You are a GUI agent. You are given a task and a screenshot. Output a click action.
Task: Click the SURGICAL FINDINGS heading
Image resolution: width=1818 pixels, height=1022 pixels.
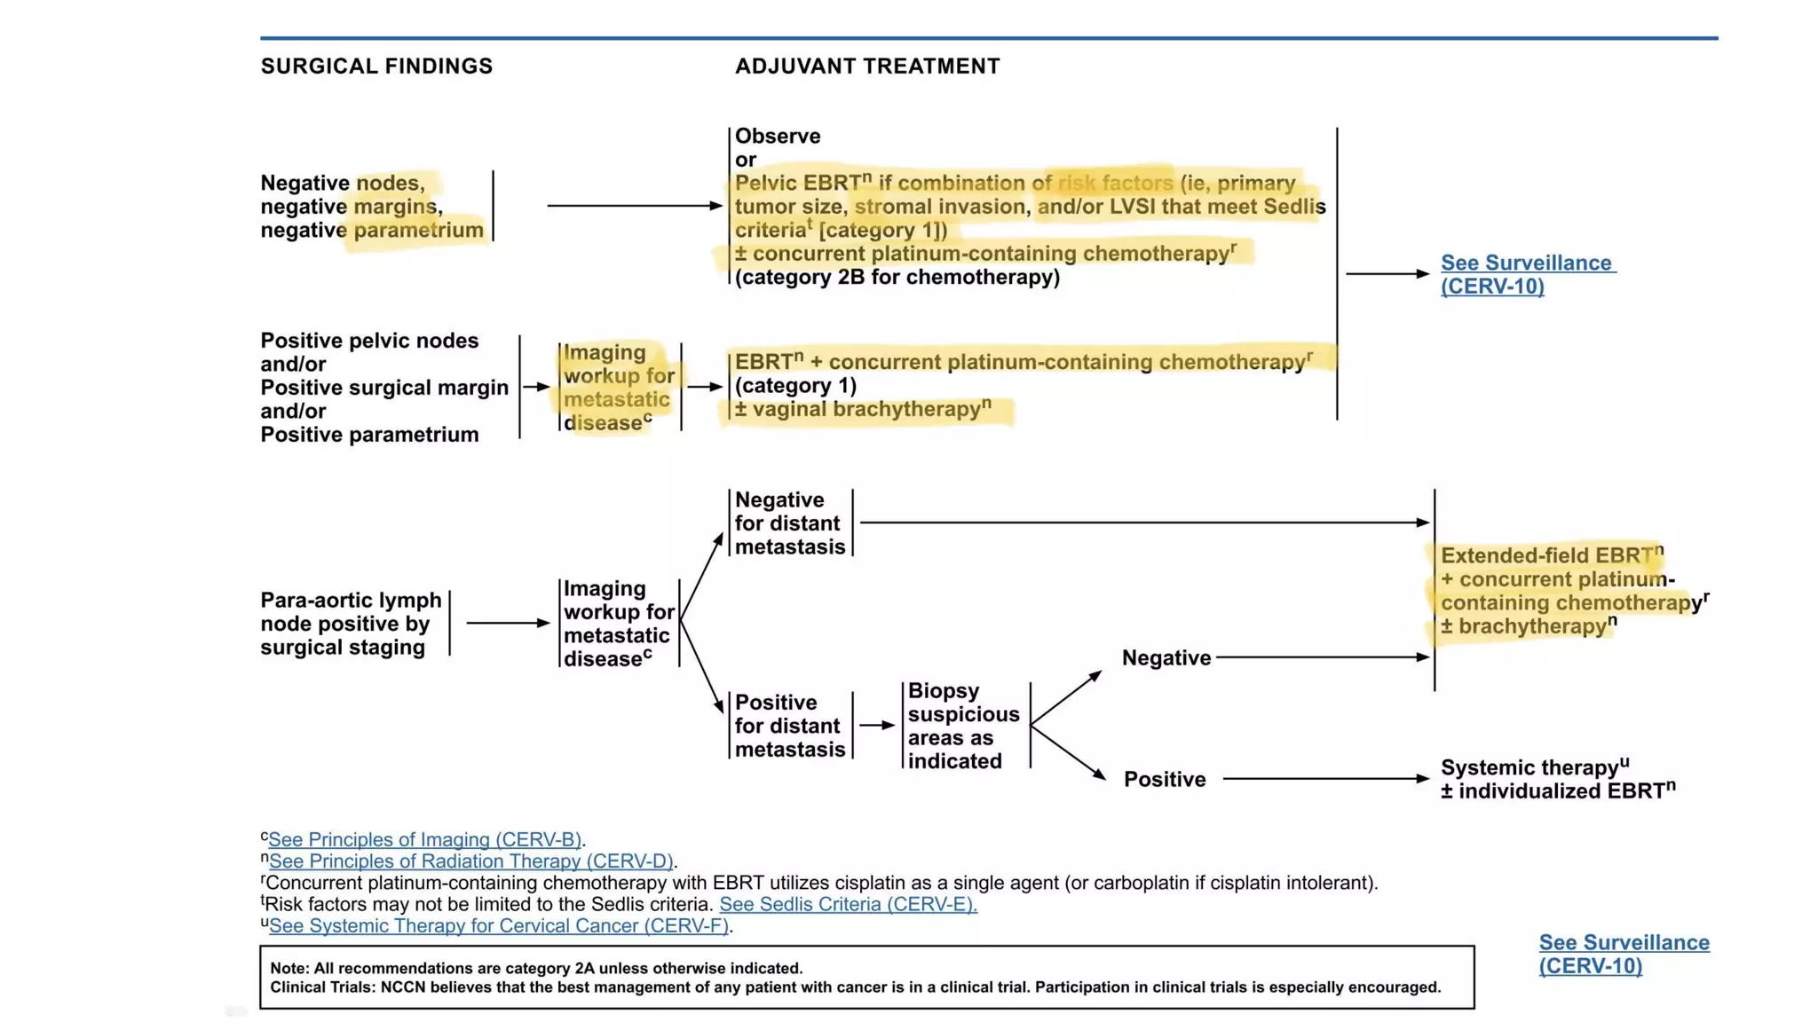point(376,67)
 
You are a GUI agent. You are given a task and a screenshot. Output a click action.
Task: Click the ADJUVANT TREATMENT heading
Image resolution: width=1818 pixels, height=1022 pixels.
point(867,67)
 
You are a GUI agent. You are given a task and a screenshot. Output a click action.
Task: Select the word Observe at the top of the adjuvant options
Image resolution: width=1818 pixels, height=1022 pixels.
point(778,137)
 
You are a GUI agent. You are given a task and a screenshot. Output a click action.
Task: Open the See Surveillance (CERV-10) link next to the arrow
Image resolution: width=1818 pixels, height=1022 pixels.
point(1527,274)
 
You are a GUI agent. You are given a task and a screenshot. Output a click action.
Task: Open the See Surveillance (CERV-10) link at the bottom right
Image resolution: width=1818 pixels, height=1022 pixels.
point(1624,954)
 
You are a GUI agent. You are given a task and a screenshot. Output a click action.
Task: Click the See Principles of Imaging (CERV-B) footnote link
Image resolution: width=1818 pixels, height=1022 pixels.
point(425,839)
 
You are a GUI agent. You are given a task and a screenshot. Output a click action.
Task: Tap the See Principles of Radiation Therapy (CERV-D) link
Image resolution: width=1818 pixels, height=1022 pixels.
point(471,861)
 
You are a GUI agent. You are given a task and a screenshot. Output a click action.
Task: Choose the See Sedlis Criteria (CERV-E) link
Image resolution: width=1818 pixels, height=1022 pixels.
point(848,904)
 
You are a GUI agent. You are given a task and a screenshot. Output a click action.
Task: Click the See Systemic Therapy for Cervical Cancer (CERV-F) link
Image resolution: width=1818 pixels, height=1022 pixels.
point(499,925)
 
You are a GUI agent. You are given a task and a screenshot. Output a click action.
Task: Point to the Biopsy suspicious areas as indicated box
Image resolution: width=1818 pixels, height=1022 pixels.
point(963,726)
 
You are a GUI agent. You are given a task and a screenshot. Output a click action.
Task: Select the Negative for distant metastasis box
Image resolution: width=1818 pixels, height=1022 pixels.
point(789,523)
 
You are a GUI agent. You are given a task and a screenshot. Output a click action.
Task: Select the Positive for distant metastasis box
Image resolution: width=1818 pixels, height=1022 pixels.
point(789,726)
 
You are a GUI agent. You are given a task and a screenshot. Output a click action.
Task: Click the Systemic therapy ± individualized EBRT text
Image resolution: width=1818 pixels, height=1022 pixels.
point(1557,779)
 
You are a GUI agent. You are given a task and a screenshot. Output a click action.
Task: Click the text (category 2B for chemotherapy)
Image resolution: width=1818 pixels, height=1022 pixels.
point(897,277)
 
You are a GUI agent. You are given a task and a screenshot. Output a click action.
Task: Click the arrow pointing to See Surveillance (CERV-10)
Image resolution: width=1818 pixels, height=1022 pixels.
point(1387,274)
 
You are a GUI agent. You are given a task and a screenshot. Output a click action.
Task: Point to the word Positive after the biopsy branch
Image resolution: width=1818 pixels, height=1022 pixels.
point(1165,779)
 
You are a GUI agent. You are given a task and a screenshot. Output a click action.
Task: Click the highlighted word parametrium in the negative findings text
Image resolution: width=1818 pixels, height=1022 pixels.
point(418,231)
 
